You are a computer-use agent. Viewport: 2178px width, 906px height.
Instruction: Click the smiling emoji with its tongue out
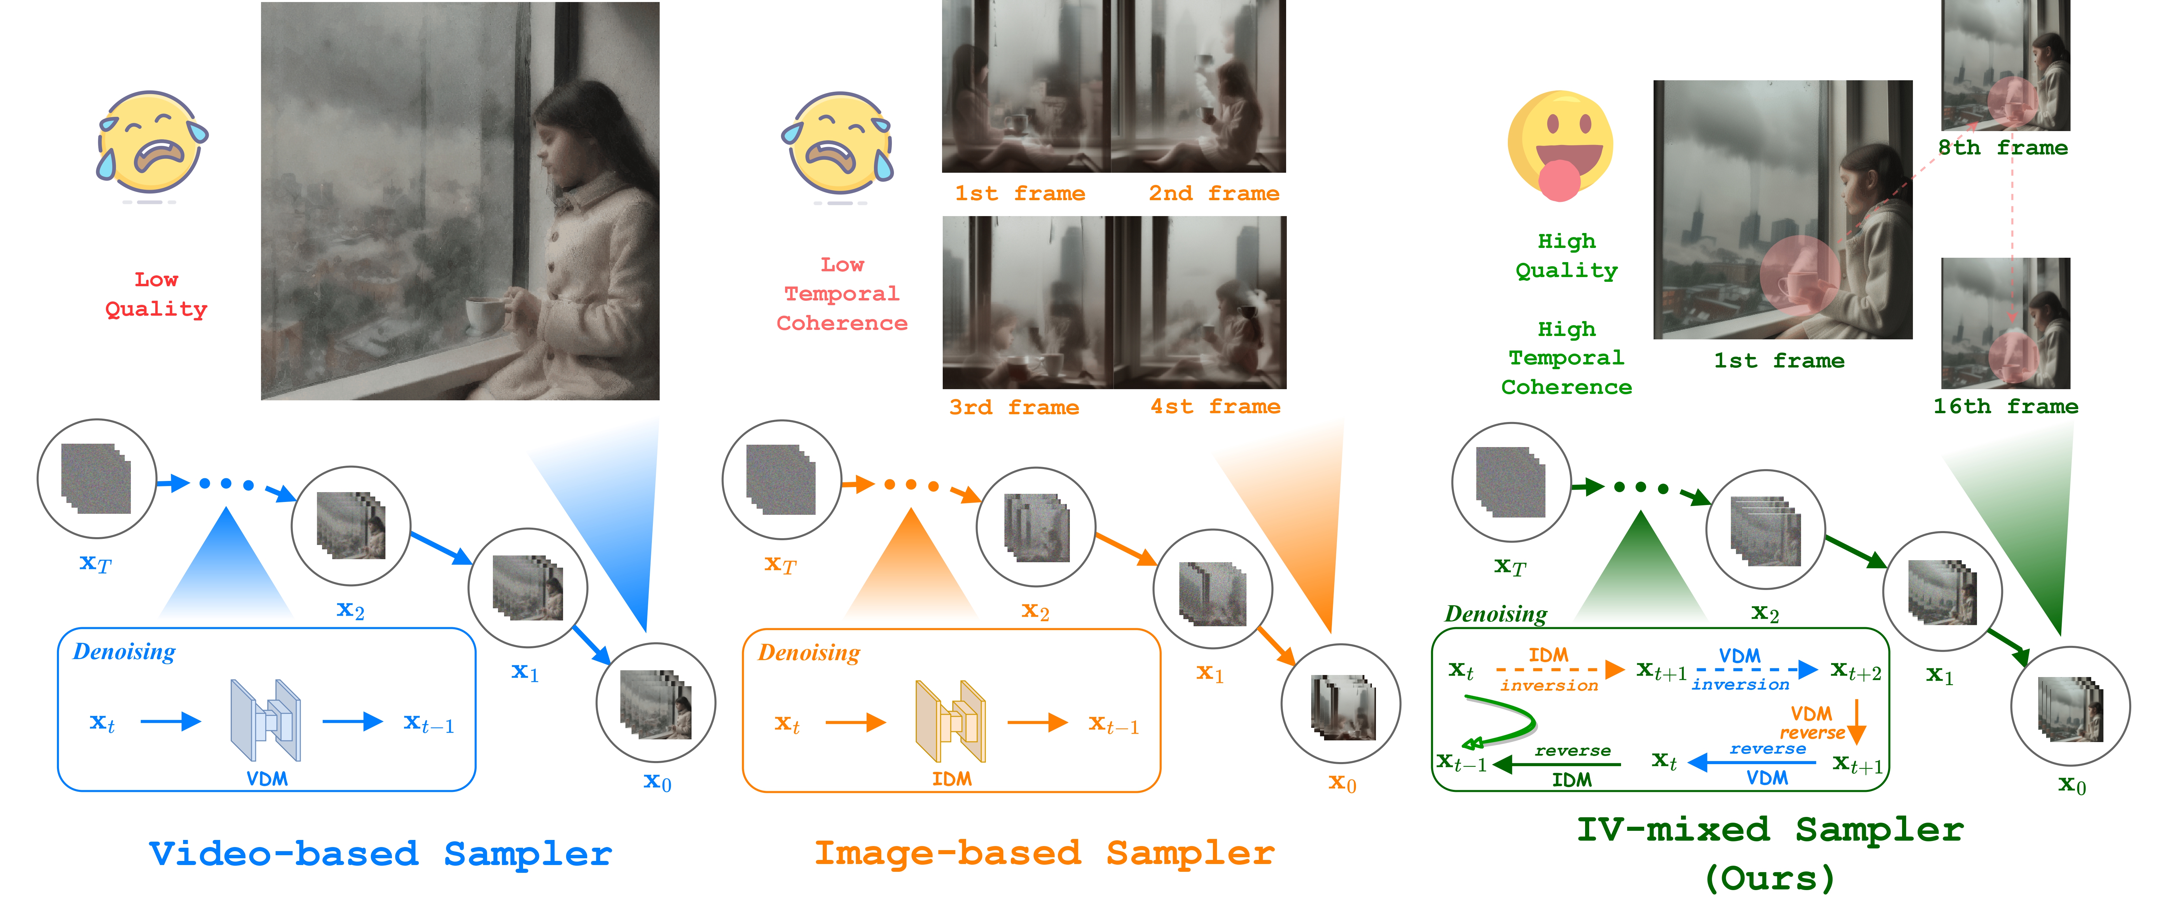[x=1560, y=145]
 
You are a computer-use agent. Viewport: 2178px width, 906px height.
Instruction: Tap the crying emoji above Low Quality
[x=152, y=144]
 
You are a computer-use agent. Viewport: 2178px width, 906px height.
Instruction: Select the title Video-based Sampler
[x=380, y=854]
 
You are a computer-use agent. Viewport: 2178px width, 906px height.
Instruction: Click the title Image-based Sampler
[x=1044, y=854]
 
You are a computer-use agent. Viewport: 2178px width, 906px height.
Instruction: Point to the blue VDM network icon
[x=265, y=721]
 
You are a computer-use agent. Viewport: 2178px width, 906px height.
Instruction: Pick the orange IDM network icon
[x=950, y=721]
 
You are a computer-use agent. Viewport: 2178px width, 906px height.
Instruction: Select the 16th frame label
[x=2005, y=406]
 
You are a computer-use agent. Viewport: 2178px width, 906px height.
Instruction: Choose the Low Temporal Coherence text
[x=842, y=294]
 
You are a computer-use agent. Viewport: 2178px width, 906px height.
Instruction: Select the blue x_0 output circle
[x=656, y=703]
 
